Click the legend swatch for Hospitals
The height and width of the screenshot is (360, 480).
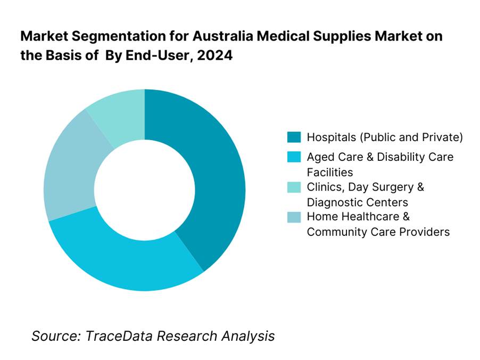coord(293,137)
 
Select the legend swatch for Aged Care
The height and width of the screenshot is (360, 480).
coord(293,157)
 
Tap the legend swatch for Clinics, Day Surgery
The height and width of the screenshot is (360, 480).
coord(293,187)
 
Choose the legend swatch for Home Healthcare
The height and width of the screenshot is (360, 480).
coord(293,217)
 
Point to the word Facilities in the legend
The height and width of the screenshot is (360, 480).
coord(330,173)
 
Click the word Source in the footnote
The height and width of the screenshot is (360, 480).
coord(52,336)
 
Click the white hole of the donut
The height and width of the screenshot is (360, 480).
coord(145,190)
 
